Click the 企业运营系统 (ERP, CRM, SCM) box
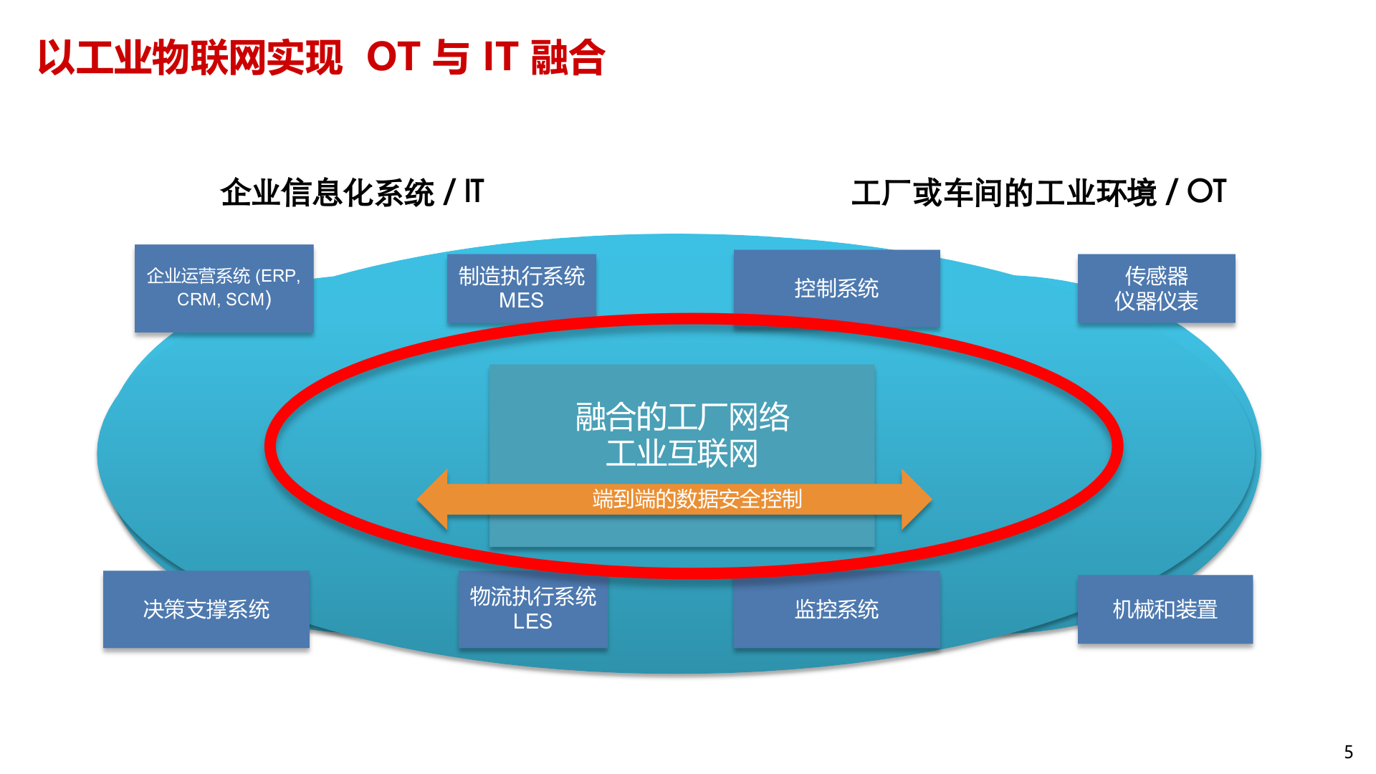[x=224, y=288]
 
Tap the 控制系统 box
[x=836, y=288]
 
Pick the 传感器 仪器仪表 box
[x=1156, y=288]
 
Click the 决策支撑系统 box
[x=206, y=609]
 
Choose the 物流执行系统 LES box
[x=533, y=609]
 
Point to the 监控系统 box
[x=836, y=609]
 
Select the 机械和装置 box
[x=1165, y=609]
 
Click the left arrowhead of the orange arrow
[x=433, y=500]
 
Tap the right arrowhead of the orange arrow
[x=916, y=500]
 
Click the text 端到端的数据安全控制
[x=697, y=499]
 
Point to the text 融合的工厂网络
[x=682, y=417]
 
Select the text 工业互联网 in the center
[x=682, y=454]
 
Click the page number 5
[x=1348, y=752]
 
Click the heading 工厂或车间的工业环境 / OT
[x=1038, y=192]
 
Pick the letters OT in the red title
[x=393, y=57]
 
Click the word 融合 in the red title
[x=568, y=57]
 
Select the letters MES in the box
[x=521, y=300]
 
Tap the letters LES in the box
[x=532, y=621]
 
